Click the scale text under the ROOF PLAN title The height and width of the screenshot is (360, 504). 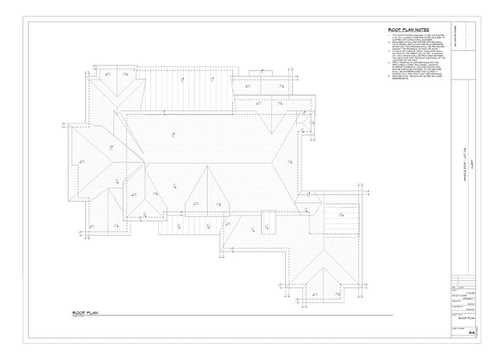(80, 317)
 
